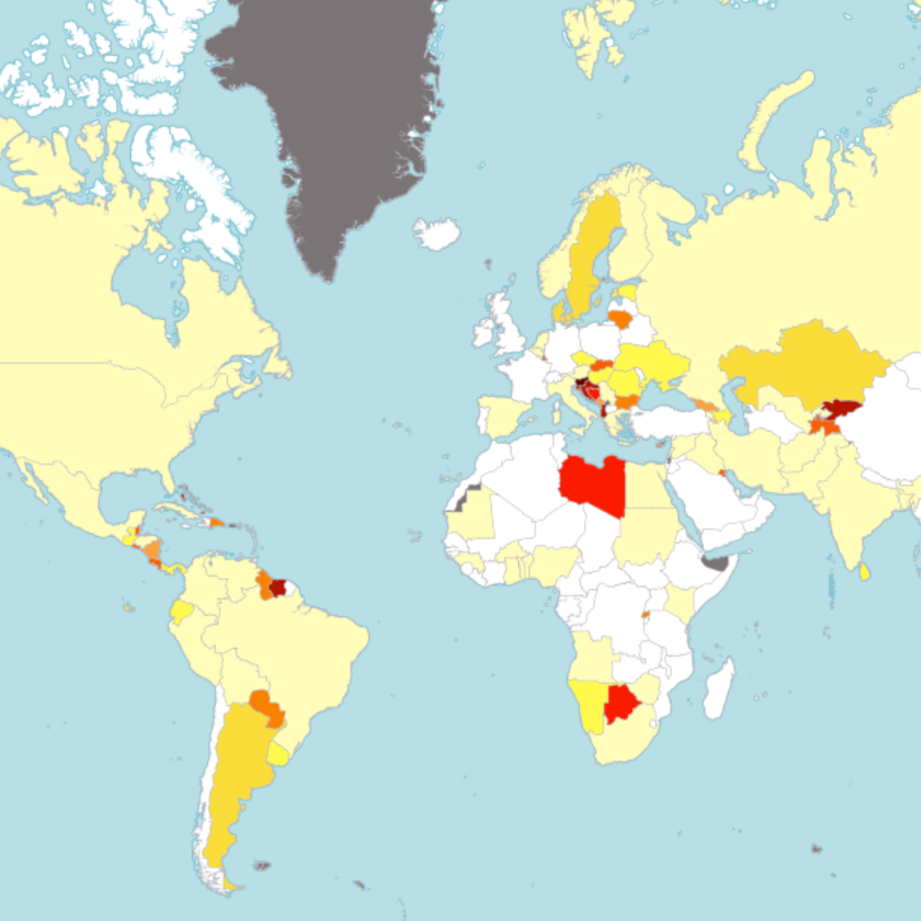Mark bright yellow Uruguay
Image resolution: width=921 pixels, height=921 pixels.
[x=279, y=753]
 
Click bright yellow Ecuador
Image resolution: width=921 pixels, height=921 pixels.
[x=181, y=611]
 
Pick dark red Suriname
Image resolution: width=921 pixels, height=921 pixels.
[x=279, y=587]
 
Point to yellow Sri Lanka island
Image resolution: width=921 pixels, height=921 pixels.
[x=864, y=571]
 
